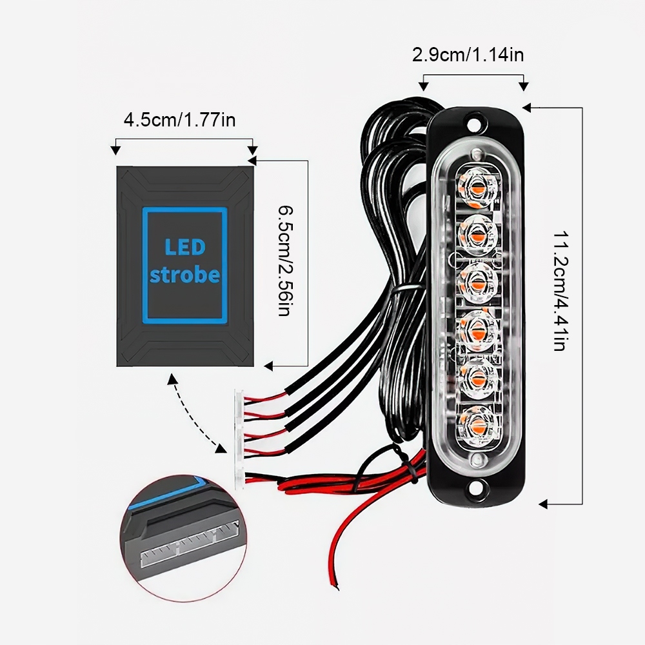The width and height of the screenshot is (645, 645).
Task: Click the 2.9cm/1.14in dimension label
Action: tap(468, 55)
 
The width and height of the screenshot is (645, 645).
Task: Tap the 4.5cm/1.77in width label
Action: tap(180, 120)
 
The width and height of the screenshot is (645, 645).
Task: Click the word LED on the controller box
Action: tap(184, 247)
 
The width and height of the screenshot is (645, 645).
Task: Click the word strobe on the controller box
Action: tap(184, 274)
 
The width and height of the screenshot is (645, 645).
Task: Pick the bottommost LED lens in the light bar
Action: tap(478, 426)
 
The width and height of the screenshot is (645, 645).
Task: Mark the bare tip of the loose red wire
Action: tap(335, 585)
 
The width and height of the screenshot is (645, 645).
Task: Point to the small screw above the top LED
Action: tap(477, 155)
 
